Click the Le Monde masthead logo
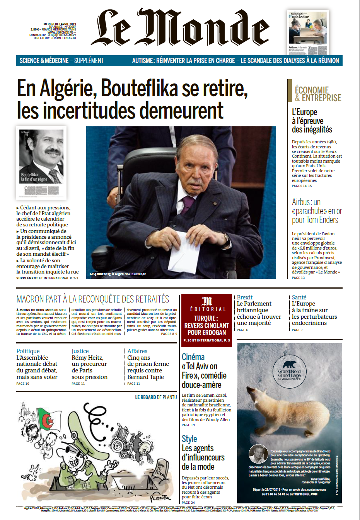click(x=180, y=28)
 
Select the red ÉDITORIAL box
click(x=207, y=320)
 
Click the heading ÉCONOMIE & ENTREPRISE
click(x=317, y=94)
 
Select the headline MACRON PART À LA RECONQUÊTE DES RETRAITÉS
click(x=93, y=299)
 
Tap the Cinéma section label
click(x=193, y=357)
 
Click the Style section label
click(x=189, y=439)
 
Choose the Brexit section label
click(x=244, y=297)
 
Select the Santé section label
click(x=299, y=297)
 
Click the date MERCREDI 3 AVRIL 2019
click(x=60, y=24)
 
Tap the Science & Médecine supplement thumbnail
click(x=308, y=32)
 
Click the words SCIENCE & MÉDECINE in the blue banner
click(x=44, y=61)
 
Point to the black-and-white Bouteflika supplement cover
click(x=41, y=162)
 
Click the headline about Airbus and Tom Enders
click(x=317, y=211)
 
